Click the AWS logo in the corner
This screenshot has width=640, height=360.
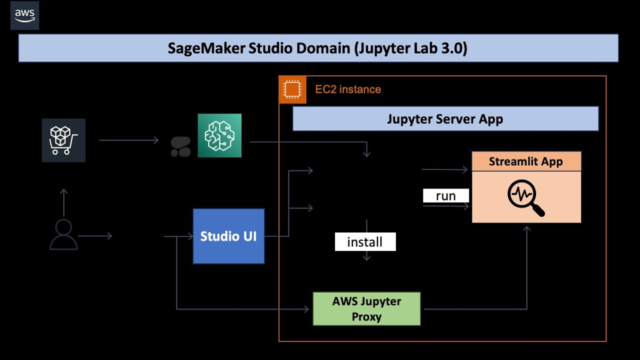24,15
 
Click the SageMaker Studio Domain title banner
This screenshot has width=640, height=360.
318,48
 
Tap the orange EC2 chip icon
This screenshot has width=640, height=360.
292,90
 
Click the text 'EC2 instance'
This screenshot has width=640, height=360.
348,89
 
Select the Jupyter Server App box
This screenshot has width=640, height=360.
445,119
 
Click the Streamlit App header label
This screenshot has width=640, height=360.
526,161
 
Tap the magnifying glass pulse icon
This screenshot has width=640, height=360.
525,198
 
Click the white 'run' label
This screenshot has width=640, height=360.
445,195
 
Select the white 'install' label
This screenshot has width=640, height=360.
365,242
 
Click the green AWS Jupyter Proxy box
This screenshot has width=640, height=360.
366,309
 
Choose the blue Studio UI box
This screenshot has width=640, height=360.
228,236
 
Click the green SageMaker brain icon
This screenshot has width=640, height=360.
219,135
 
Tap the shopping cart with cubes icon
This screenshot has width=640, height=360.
63,140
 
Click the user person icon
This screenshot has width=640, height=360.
63,234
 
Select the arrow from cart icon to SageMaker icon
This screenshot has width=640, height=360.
129,140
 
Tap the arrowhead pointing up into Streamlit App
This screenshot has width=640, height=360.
526,229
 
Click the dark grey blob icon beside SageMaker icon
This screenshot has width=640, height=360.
180,146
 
